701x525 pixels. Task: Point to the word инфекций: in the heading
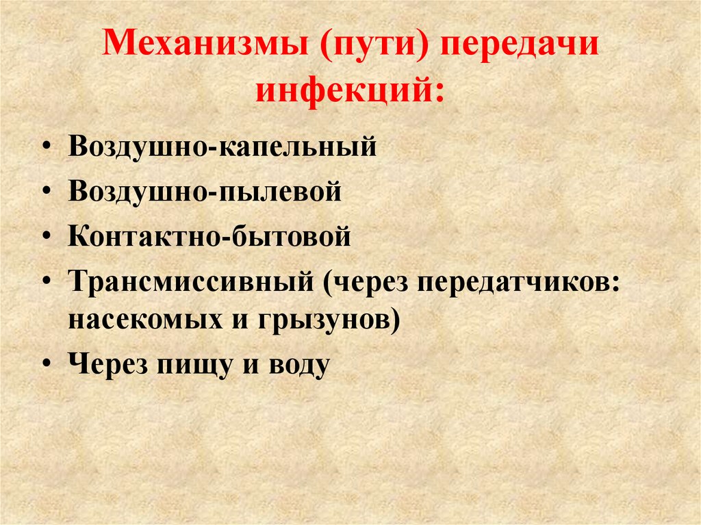pos(350,91)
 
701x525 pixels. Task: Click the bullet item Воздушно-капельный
pos(222,146)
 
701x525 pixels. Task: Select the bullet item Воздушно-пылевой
pos(205,191)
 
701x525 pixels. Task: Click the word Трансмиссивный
pos(193,282)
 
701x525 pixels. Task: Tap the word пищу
pos(199,364)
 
